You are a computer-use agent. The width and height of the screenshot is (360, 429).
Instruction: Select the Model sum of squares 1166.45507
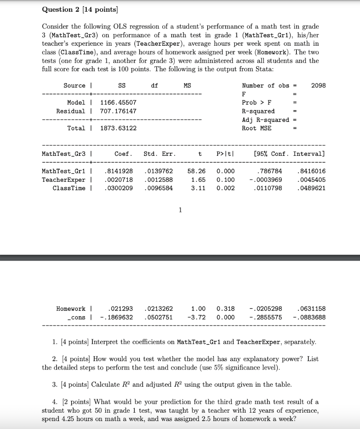pyautogui.click(x=118, y=103)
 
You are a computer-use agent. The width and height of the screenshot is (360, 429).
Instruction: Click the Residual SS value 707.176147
pyautogui.click(x=118, y=111)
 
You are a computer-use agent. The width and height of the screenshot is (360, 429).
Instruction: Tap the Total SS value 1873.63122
pyautogui.click(x=118, y=128)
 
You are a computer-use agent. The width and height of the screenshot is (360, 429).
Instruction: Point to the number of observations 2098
pyautogui.click(x=319, y=85)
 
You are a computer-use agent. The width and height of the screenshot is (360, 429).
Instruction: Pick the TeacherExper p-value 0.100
pyautogui.click(x=226, y=180)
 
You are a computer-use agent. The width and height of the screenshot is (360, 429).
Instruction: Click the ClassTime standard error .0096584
pyautogui.click(x=158, y=188)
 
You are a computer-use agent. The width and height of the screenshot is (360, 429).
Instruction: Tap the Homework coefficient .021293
pyautogui.click(x=120, y=309)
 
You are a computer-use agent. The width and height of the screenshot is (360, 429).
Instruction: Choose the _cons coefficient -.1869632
pyautogui.click(x=117, y=317)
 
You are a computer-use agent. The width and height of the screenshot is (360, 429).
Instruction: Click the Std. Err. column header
pyautogui.click(x=159, y=154)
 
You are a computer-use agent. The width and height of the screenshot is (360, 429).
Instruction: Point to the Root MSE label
pyautogui.click(x=257, y=128)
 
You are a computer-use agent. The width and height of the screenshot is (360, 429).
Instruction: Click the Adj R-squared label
pyautogui.click(x=265, y=120)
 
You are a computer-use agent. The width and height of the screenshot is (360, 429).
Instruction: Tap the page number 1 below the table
pyautogui.click(x=180, y=210)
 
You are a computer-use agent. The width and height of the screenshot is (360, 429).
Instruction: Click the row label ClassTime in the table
pyautogui.click(x=69, y=188)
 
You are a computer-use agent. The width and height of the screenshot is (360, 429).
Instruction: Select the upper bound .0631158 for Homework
pyautogui.click(x=311, y=309)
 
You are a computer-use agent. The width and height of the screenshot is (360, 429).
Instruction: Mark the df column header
pyautogui.click(x=154, y=85)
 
